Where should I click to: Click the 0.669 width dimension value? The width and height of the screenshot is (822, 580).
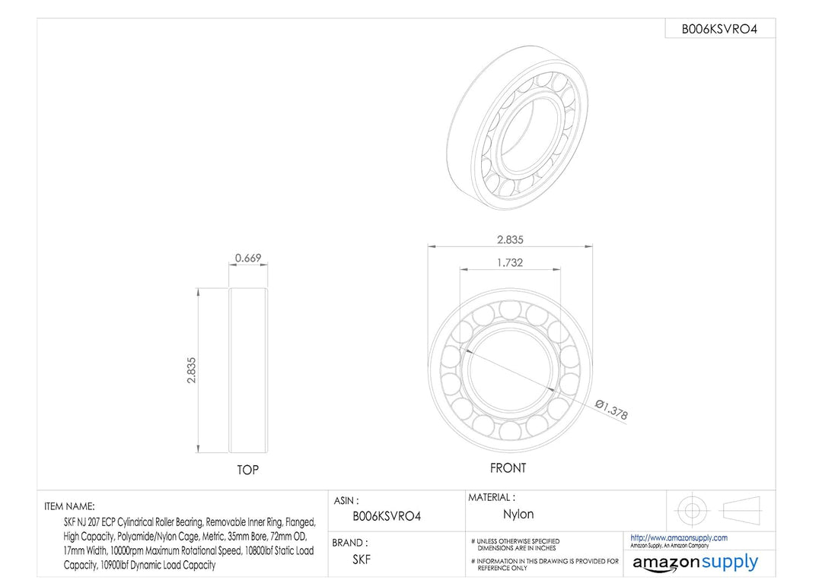tap(248, 258)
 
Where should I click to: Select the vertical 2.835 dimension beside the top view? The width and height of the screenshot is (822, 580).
tap(191, 370)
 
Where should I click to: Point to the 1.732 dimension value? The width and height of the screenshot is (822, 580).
tap(510, 263)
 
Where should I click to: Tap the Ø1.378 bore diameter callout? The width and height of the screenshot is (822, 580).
tap(611, 410)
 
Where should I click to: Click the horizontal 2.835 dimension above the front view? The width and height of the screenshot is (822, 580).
tap(510, 239)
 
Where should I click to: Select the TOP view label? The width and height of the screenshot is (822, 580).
tap(248, 470)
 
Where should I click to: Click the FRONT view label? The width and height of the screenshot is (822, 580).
tap(508, 468)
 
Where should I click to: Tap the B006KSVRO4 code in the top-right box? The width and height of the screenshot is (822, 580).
tap(719, 30)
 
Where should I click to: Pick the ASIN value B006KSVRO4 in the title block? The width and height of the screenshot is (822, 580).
tap(387, 516)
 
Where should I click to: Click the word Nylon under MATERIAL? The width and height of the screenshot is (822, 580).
tap(518, 514)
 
